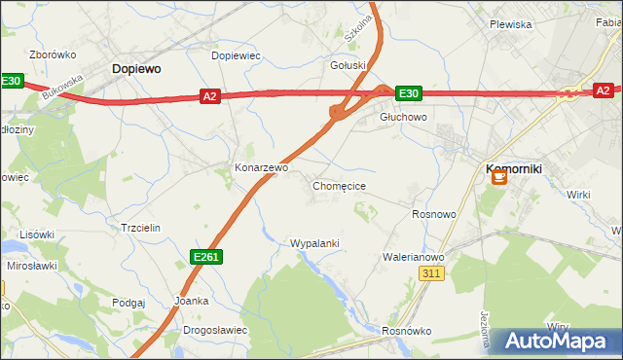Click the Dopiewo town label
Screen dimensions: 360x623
(136, 69)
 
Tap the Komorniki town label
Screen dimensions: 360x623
(513, 168)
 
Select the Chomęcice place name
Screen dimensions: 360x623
(339, 185)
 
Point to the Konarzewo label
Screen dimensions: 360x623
(261, 167)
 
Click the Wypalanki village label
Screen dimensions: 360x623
(314, 242)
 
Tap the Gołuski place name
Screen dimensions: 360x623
(348, 66)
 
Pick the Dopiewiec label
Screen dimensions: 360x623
(236, 55)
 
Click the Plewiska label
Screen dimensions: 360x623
(510, 24)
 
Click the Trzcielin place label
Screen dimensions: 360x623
(139, 227)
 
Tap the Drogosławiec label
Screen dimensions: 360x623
(215, 330)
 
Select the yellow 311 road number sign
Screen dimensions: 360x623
(433, 275)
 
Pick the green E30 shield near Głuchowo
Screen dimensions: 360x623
(409, 93)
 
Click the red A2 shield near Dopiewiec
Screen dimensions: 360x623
(210, 95)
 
